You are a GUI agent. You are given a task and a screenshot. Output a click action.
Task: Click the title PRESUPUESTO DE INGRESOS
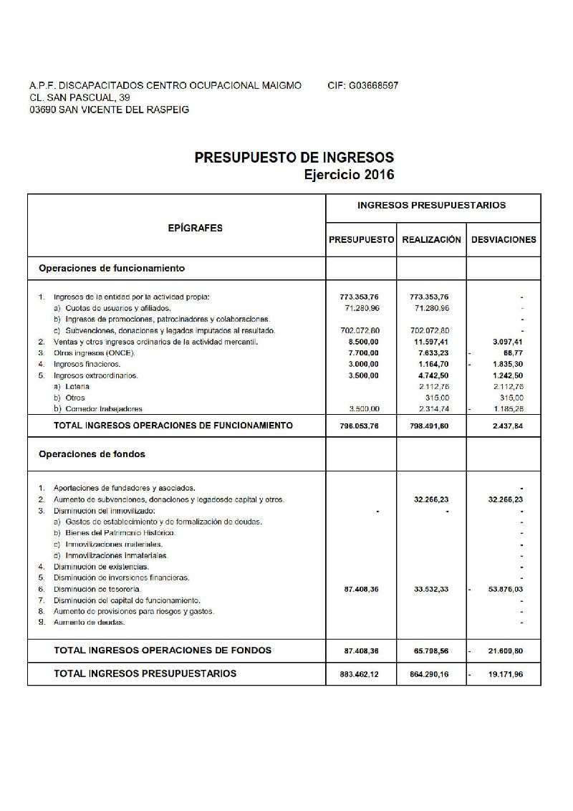[x=294, y=158]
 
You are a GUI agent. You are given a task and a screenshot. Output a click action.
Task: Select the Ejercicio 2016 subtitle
[x=349, y=174]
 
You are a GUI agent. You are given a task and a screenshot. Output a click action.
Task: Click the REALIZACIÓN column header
[x=431, y=240]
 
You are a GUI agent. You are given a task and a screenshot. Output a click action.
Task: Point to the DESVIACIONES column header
[x=504, y=240]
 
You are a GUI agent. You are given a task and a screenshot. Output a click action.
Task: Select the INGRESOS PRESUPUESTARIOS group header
[x=431, y=206]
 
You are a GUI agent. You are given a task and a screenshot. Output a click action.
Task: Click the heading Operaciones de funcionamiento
[x=112, y=269]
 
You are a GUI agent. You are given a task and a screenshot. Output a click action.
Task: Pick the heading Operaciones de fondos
[x=92, y=454]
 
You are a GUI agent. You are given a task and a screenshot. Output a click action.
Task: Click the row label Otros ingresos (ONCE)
[x=94, y=353]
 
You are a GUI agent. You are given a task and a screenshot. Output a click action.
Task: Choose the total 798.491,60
[x=430, y=426]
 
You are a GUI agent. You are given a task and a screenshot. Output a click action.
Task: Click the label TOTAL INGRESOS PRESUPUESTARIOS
[x=145, y=673]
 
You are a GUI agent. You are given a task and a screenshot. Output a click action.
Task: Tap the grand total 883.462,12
[x=361, y=674]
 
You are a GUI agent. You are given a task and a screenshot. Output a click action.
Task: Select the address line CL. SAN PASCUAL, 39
[x=80, y=97]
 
